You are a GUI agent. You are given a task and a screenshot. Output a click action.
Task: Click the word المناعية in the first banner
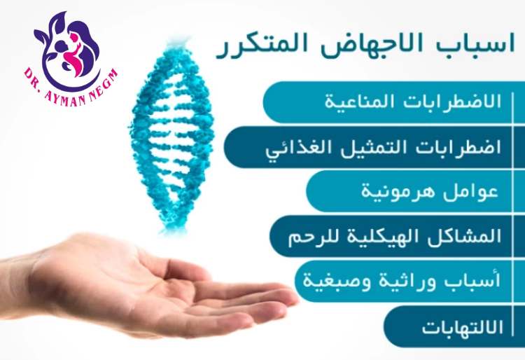coord(353,102)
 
